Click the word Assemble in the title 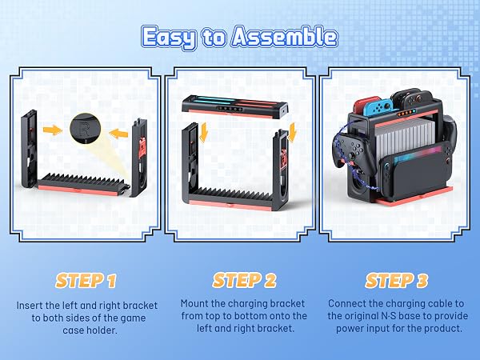pyautogui.click(x=285, y=37)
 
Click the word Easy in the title pyautogui.click(x=168, y=38)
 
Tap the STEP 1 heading pyautogui.click(x=86, y=281)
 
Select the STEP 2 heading pyautogui.click(x=244, y=281)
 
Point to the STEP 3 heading pyautogui.click(x=397, y=281)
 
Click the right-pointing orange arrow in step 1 pyautogui.click(x=53, y=130)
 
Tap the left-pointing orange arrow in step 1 pyautogui.click(x=118, y=134)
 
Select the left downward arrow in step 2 pyautogui.click(x=203, y=133)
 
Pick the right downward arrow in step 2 pyautogui.click(x=293, y=133)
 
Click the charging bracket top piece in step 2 pyautogui.click(x=234, y=106)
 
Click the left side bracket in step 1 pyautogui.click(x=29, y=149)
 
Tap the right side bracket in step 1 pyautogui.click(x=139, y=158)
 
